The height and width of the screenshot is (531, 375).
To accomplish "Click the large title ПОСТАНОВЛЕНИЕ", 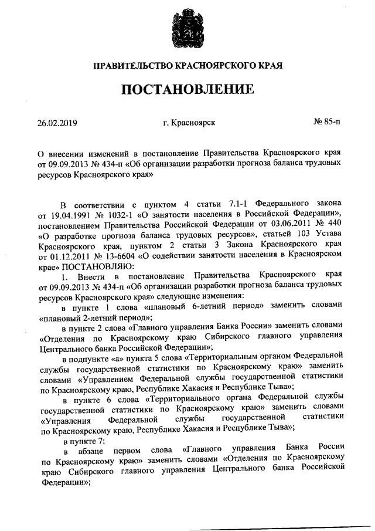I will [x=187, y=90].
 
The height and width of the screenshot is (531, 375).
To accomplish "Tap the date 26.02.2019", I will [x=57, y=123].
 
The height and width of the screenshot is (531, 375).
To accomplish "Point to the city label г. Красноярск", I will [x=190, y=123].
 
